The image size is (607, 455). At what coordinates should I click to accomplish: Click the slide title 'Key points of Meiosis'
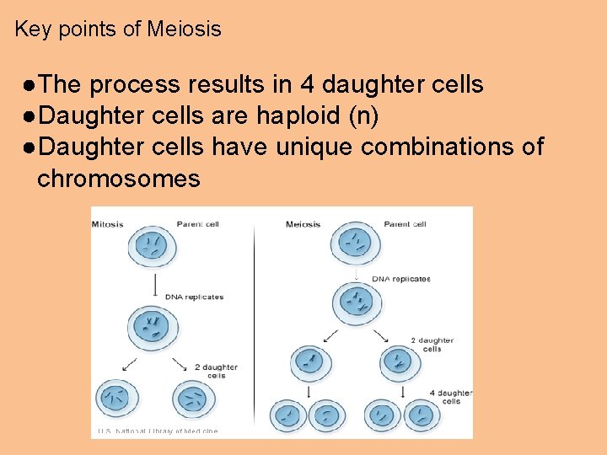click(118, 29)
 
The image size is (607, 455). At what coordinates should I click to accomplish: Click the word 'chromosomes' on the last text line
click(119, 179)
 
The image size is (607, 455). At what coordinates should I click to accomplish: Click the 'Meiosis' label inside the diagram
click(303, 225)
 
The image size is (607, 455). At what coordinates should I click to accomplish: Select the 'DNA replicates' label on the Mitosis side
click(195, 297)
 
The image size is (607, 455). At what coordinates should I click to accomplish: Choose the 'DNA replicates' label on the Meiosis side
click(401, 279)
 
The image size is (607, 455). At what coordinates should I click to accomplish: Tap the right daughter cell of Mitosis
click(193, 398)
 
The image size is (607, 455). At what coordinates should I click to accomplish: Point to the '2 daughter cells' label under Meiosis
click(431, 344)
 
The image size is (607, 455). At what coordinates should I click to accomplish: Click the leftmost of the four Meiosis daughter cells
click(288, 415)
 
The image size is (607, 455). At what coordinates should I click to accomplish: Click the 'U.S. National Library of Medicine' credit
click(158, 431)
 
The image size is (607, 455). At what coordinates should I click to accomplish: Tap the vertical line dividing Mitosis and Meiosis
click(256, 320)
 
